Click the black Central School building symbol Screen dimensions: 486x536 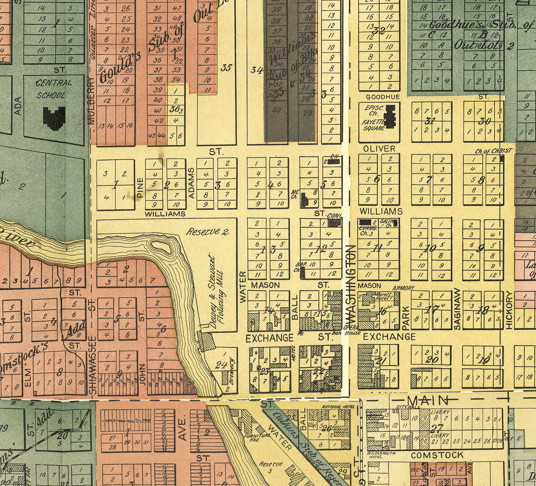[x=54, y=118]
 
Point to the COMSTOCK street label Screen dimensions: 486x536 [x=437, y=455]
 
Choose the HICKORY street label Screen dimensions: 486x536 [x=509, y=309]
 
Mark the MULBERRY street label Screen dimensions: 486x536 [x=92, y=101]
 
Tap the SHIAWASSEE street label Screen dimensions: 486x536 [x=92, y=365]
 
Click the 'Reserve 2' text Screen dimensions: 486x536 [x=207, y=231]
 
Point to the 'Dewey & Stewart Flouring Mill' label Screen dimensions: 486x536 [x=216, y=291]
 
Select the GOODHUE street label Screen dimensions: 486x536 [x=383, y=97]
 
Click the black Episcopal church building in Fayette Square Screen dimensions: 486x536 [x=390, y=117]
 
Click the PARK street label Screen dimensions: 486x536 [x=406, y=316]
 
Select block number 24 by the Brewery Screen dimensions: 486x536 [x=221, y=365]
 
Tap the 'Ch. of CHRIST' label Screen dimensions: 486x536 [x=493, y=151]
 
